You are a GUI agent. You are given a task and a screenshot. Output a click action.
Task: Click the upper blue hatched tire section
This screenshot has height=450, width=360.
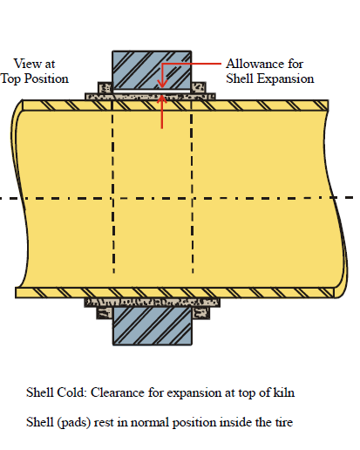tap(152, 70)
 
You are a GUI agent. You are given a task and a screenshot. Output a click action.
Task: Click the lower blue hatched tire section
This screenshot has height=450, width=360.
tap(153, 326)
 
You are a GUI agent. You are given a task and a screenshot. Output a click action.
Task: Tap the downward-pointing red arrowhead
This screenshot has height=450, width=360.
tap(162, 84)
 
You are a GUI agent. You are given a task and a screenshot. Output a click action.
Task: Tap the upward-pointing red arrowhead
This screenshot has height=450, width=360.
tap(162, 99)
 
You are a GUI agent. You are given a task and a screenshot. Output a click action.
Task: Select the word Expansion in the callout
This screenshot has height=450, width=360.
tap(286, 79)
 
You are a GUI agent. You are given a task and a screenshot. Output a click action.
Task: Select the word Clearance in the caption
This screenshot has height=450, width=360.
tap(118, 392)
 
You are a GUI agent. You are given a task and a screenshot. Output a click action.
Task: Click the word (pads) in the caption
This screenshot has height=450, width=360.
tap(74, 422)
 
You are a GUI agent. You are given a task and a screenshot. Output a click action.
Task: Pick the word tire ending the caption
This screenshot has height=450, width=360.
tap(283, 422)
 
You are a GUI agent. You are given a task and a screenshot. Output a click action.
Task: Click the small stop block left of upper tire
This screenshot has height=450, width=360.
tap(105, 87)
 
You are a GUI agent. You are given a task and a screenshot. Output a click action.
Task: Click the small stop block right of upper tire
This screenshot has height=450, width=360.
tap(199, 87)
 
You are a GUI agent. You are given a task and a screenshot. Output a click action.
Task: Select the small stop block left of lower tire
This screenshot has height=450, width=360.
tap(105, 313)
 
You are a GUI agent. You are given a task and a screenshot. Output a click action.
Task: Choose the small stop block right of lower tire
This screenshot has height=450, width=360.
tap(200, 313)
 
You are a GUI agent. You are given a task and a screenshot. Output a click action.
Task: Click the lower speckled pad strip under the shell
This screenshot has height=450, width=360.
tap(152, 303)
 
